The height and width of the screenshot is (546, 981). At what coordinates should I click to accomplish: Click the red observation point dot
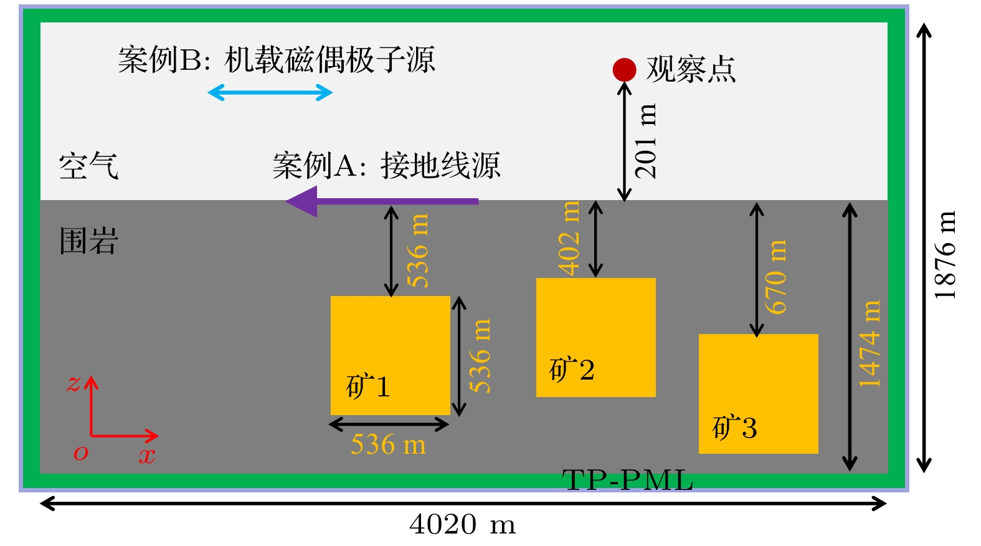pyautogui.click(x=624, y=70)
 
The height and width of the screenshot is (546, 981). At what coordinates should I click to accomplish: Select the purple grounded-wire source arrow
pyautogui.click(x=381, y=201)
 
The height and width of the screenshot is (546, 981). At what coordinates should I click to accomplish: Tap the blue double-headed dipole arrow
pyautogui.click(x=270, y=93)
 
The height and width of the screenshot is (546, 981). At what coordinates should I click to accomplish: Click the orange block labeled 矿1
pyautogui.click(x=391, y=355)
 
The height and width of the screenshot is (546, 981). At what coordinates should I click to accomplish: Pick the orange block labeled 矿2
pyautogui.click(x=595, y=337)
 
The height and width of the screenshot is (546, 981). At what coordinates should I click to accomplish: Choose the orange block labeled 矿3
pyautogui.click(x=758, y=394)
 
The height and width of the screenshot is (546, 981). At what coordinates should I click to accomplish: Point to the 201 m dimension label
pyautogui.click(x=646, y=141)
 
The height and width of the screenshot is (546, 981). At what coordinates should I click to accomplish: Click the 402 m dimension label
pyautogui.click(x=569, y=237)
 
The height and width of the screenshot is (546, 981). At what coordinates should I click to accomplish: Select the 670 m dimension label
pyautogui.click(x=776, y=277)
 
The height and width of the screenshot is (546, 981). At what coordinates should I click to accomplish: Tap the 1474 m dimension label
pyautogui.click(x=870, y=344)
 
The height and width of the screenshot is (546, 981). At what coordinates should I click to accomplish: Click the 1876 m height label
pyautogui.click(x=945, y=255)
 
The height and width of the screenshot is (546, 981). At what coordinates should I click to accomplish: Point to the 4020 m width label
pyautogui.click(x=463, y=525)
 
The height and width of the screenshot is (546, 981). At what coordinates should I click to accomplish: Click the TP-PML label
pyautogui.click(x=627, y=481)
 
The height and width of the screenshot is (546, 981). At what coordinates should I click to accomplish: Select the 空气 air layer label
pyautogui.click(x=88, y=166)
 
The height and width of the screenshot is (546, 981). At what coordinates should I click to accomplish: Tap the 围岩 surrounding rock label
pyautogui.click(x=88, y=241)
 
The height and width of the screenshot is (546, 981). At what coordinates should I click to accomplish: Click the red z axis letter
pyautogui.click(x=74, y=383)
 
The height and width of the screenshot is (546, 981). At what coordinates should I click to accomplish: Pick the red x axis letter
pyautogui.click(x=147, y=456)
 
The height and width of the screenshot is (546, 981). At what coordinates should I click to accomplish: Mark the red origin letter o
pyautogui.click(x=81, y=453)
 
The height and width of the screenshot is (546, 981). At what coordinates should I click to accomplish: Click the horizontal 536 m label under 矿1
pyautogui.click(x=389, y=445)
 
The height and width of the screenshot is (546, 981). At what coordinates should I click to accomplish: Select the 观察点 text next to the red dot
pyautogui.click(x=691, y=69)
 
